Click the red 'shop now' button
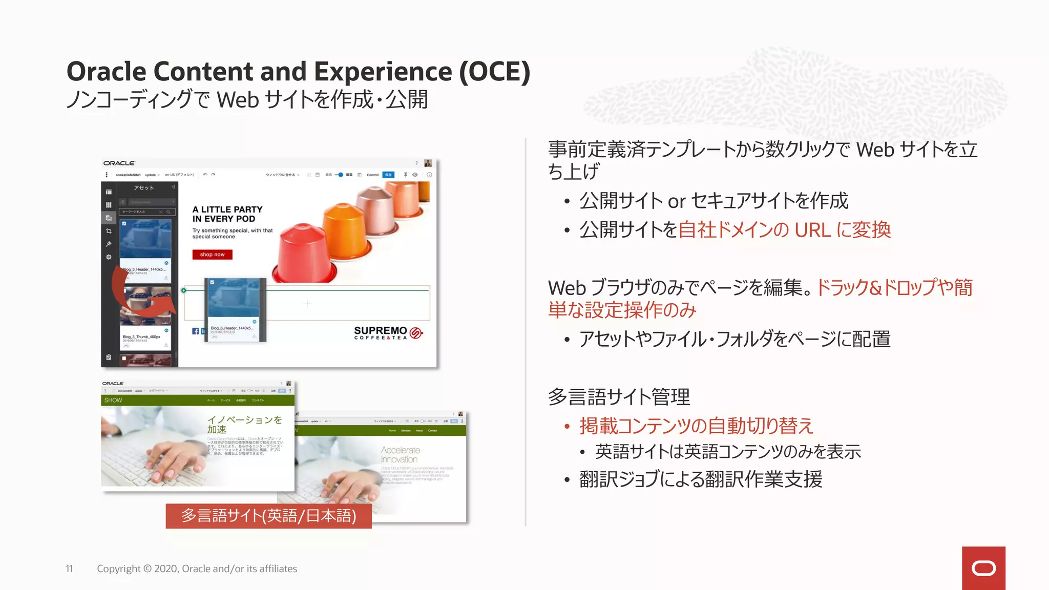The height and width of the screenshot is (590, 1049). pos(212,255)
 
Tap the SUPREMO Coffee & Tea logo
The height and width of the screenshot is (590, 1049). pos(388,333)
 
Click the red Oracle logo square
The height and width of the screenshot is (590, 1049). pos(983,568)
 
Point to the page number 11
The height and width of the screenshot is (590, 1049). pos(69,568)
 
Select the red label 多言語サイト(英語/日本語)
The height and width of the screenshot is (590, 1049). pos(268,515)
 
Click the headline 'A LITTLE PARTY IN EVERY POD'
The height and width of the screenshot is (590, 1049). pos(227,214)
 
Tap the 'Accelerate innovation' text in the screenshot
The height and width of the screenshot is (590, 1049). pos(400,454)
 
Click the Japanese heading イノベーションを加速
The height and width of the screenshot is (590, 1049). pos(244,424)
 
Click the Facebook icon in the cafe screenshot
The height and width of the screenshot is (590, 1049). pos(195,331)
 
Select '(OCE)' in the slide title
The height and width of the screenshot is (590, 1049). pos(494,71)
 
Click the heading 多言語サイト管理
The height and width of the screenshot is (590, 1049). pos(619,396)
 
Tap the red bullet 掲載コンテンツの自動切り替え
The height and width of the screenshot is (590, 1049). pos(696,426)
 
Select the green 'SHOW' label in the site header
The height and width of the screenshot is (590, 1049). pos(113,400)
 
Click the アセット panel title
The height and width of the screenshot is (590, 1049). pos(144,187)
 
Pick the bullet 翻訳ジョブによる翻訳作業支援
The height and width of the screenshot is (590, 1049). pos(700,479)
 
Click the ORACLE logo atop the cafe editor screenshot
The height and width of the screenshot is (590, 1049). pos(119,163)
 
